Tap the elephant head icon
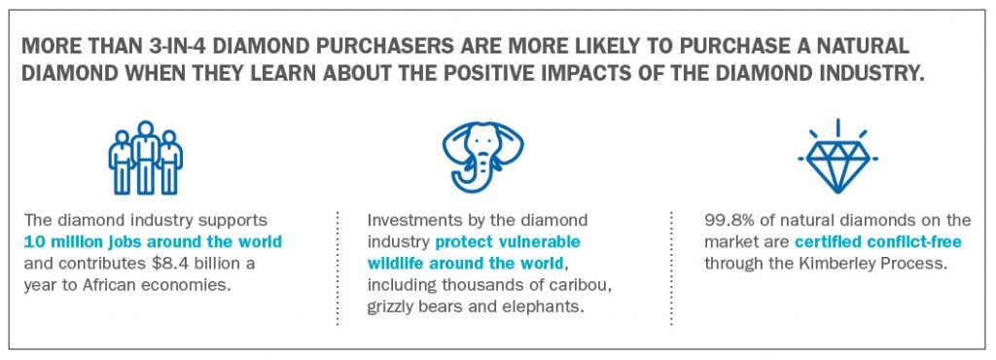(482, 157)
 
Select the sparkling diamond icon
(837, 157)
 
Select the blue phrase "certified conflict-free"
(878, 242)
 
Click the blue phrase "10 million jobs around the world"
(153, 242)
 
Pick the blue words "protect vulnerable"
(508, 242)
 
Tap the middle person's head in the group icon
(146, 128)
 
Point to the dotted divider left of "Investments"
(338, 268)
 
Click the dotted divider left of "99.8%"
(671, 268)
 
